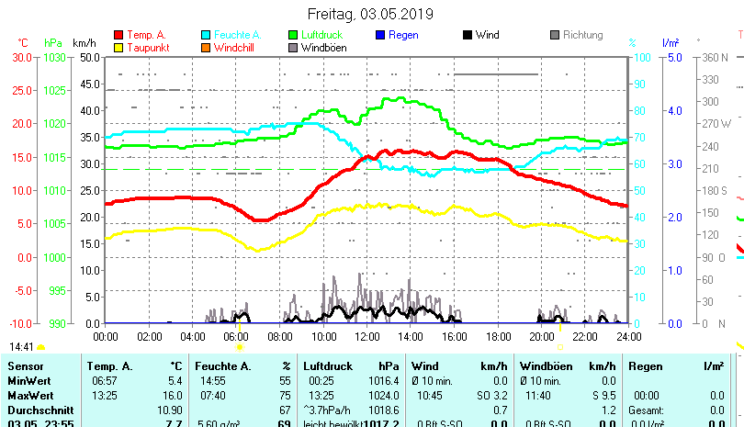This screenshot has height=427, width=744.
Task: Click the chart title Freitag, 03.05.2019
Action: (371, 14)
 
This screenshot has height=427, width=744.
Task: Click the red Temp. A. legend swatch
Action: (118, 35)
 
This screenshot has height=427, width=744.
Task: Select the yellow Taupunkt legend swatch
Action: (118, 47)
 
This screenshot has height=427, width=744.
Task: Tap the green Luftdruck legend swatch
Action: (293, 35)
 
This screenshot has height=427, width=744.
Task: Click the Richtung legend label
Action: (582, 35)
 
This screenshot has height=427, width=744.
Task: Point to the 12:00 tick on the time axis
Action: (366, 337)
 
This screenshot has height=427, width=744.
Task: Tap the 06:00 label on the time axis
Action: (236, 337)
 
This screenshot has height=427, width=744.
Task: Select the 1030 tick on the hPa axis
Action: (55, 57)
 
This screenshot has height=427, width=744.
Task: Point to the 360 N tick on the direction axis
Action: (716, 57)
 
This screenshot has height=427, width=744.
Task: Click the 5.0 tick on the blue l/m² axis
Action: (671, 57)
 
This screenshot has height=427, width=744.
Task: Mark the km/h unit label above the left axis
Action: (84, 43)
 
